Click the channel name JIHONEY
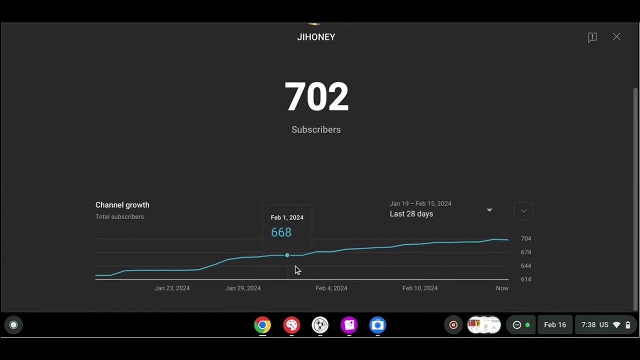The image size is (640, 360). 316,37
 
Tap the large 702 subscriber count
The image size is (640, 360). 316,96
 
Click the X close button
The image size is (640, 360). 616,37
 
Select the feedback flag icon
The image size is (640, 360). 592,37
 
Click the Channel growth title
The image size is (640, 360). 122,205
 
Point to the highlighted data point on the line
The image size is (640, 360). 287,255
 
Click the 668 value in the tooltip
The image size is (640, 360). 281,232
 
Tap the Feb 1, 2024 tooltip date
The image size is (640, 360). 287,217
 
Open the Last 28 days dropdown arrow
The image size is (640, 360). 489,210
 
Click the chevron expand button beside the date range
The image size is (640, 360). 523,211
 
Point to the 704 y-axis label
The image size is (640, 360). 526,238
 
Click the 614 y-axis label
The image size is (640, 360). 526,279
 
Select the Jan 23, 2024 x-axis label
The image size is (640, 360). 172,288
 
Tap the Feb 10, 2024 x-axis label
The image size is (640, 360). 419,288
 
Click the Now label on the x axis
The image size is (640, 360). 502,288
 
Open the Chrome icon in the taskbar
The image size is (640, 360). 262,325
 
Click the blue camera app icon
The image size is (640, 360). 377,325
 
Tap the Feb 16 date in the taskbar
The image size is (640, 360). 555,325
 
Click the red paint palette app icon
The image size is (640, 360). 291,325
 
